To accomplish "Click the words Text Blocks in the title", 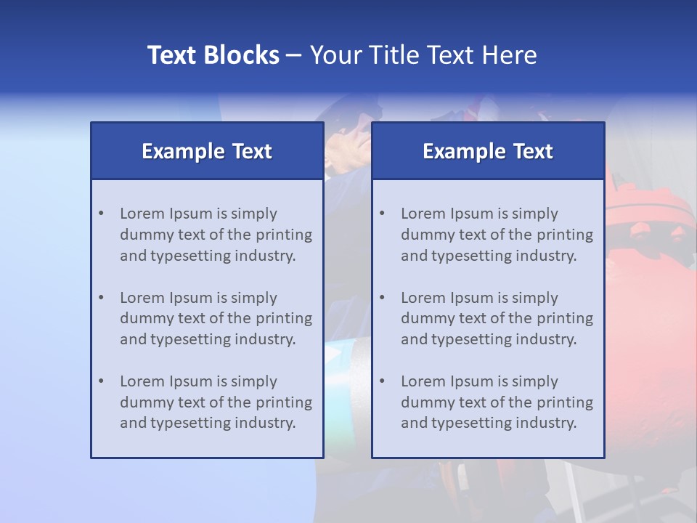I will (x=213, y=55).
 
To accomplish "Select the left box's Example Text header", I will (x=207, y=151).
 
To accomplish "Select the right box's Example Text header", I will (x=488, y=151).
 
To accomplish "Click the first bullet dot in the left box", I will (x=101, y=214).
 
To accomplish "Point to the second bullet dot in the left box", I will (x=101, y=298).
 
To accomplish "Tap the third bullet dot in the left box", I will (x=101, y=381).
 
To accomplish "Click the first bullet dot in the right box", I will (x=382, y=214).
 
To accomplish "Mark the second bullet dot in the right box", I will (x=382, y=298).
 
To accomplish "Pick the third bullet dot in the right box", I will (x=382, y=381).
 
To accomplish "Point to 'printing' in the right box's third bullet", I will (x=566, y=402).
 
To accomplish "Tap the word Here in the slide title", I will (x=511, y=55).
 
